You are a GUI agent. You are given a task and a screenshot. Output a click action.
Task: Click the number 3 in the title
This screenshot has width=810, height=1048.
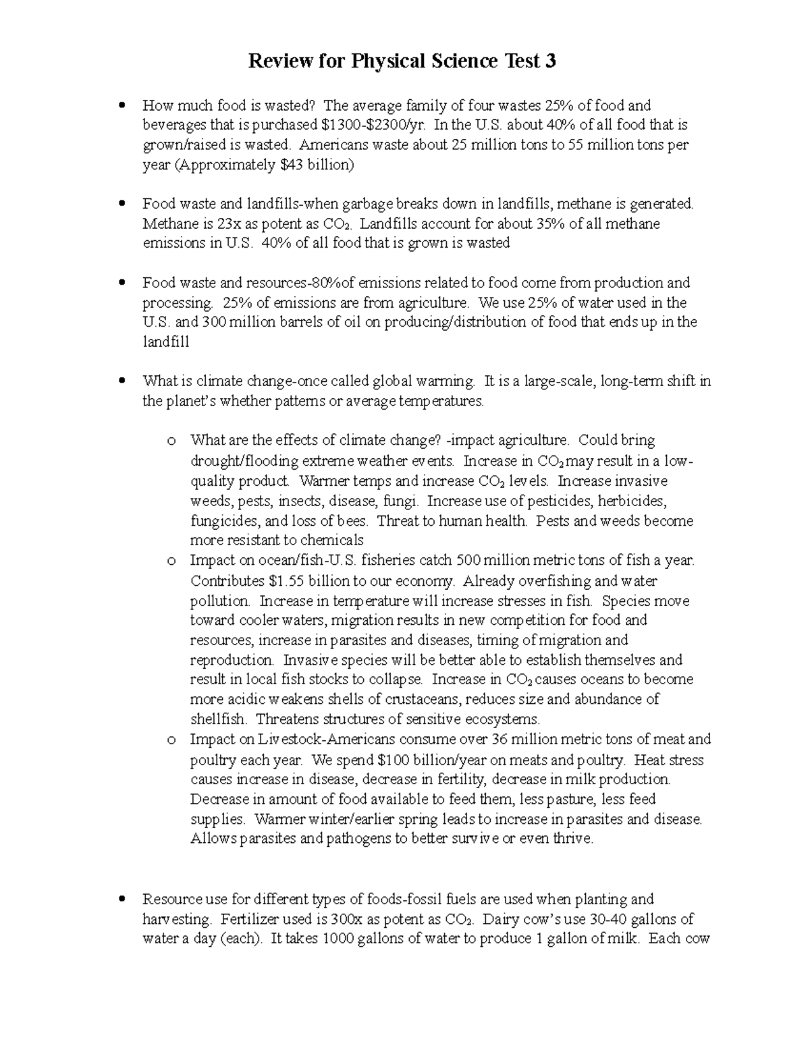coord(551,61)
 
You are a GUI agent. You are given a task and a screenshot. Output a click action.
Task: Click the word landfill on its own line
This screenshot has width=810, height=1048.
coord(166,342)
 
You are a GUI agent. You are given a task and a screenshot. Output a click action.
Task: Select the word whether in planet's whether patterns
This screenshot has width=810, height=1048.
coord(247,402)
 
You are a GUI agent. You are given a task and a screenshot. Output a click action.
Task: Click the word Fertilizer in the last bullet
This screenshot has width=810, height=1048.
coord(252,919)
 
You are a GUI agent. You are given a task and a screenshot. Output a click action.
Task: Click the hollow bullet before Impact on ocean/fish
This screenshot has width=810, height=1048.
coord(171,561)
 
